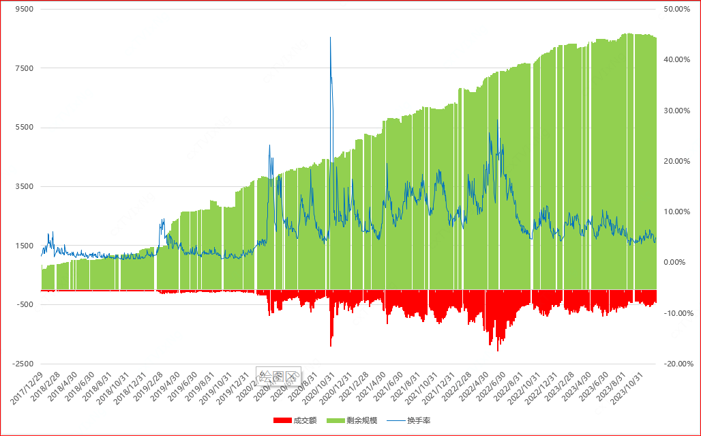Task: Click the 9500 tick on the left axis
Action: (x=25, y=10)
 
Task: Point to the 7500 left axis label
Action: (x=25, y=68)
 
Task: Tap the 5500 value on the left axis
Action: (x=25, y=128)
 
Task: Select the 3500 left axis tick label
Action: (x=25, y=186)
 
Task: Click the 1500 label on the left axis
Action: (x=25, y=246)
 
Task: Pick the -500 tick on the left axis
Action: (x=25, y=304)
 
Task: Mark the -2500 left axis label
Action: (x=24, y=364)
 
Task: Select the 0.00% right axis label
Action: (x=676, y=263)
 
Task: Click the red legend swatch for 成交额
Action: (x=282, y=420)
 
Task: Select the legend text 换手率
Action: (x=419, y=420)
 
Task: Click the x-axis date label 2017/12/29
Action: (x=27, y=388)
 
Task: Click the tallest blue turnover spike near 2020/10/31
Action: (x=331, y=38)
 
